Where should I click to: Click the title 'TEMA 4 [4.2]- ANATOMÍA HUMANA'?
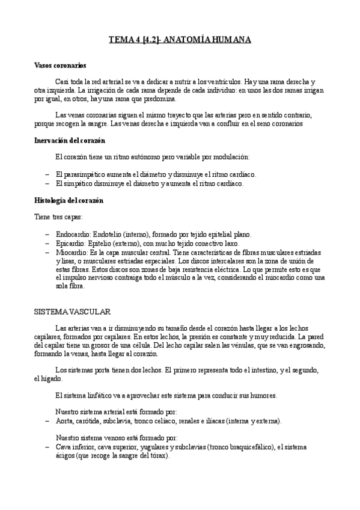180,40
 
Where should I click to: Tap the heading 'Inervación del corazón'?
70,140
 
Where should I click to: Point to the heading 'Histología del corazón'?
69,200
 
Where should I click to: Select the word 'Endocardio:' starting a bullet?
72,235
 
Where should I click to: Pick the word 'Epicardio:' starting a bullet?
70,244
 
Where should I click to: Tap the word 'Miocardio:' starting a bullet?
70,253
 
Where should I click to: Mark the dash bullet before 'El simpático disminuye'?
47,183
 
